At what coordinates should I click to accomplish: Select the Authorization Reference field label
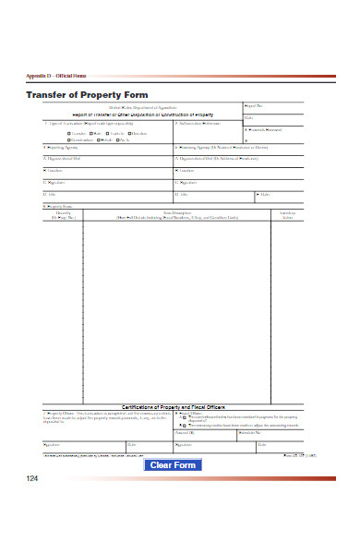point(198,123)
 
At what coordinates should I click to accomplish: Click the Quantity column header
point(63,213)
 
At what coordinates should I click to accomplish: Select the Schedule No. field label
point(251,432)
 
